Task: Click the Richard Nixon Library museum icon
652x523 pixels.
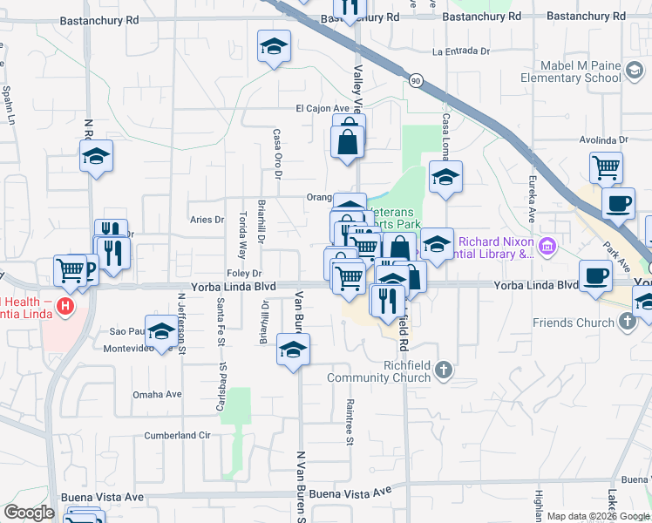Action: coord(547,247)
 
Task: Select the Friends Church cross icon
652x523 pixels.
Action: coord(628,323)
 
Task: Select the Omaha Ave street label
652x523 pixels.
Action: coord(157,394)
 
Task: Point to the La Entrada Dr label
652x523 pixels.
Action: coord(460,51)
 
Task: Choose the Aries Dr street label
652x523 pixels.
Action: coord(207,220)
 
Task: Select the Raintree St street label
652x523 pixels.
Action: coord(349,422)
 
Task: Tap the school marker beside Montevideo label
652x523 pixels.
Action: coord(161,332)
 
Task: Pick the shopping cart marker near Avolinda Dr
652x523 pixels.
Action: coord(607,166)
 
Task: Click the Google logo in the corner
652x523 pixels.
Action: coord(29,513)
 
